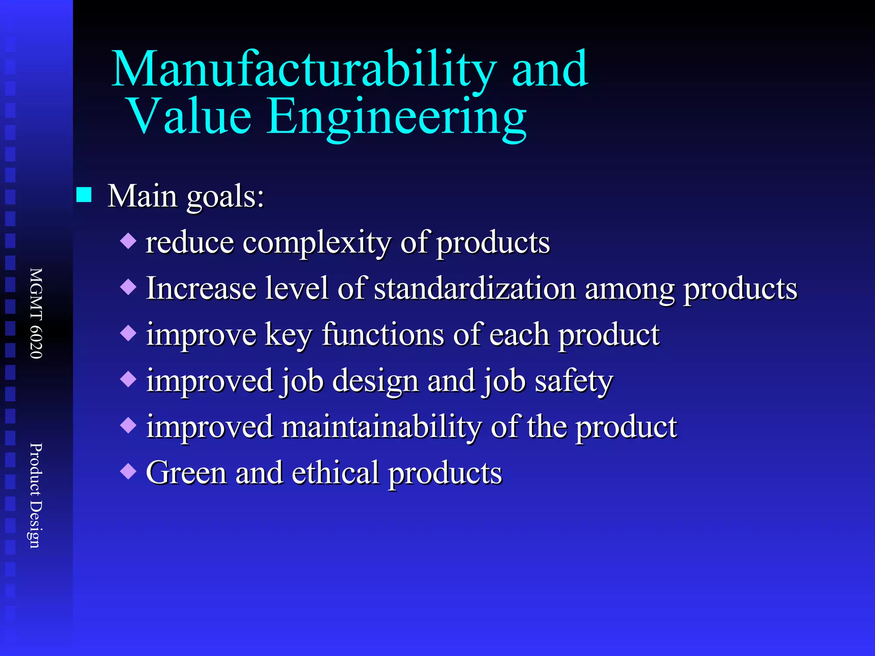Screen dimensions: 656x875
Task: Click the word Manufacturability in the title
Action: [304, 70]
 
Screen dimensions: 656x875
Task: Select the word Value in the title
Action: [190, 116]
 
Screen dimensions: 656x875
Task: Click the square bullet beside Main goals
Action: [84, 195]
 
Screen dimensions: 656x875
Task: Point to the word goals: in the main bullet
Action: [225, 197]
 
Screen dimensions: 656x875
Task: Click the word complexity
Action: [317, 243]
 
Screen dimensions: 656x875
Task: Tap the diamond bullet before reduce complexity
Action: [128, 241]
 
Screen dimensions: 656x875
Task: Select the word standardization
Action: [475, 288]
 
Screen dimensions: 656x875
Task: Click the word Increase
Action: [201, 288]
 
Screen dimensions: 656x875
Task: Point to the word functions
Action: [383, 334]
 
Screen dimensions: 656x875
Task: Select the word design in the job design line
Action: [375, 381]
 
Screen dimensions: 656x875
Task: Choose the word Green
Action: [186, 473]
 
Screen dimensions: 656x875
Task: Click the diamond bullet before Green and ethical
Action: [128, 471]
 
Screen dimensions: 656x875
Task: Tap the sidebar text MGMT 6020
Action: [36, 313]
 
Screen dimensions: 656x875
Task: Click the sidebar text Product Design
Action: [35, 495]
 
